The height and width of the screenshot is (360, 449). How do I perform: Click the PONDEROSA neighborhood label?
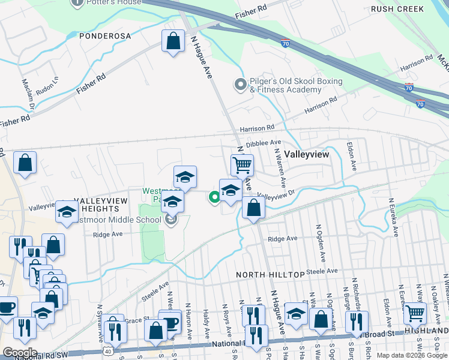tap(105, 36)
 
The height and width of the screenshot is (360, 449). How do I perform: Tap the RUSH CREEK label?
tap(397, 9)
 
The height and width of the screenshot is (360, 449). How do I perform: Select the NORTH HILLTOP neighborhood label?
tap(270, 274)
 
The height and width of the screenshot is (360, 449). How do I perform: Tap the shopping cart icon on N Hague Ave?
tap(242, 164)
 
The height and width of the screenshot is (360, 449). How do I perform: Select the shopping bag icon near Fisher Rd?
tap(173, 41)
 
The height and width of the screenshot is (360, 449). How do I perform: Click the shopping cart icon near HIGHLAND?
tap(415, 313)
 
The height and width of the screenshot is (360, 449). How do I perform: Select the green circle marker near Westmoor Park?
tap(214, 196)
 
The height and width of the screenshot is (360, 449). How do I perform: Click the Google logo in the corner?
tap(20, 353)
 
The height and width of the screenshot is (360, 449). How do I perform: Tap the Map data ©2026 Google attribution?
tap(411, 355)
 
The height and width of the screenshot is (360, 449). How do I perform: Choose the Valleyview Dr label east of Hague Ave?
tap(276, 194)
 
